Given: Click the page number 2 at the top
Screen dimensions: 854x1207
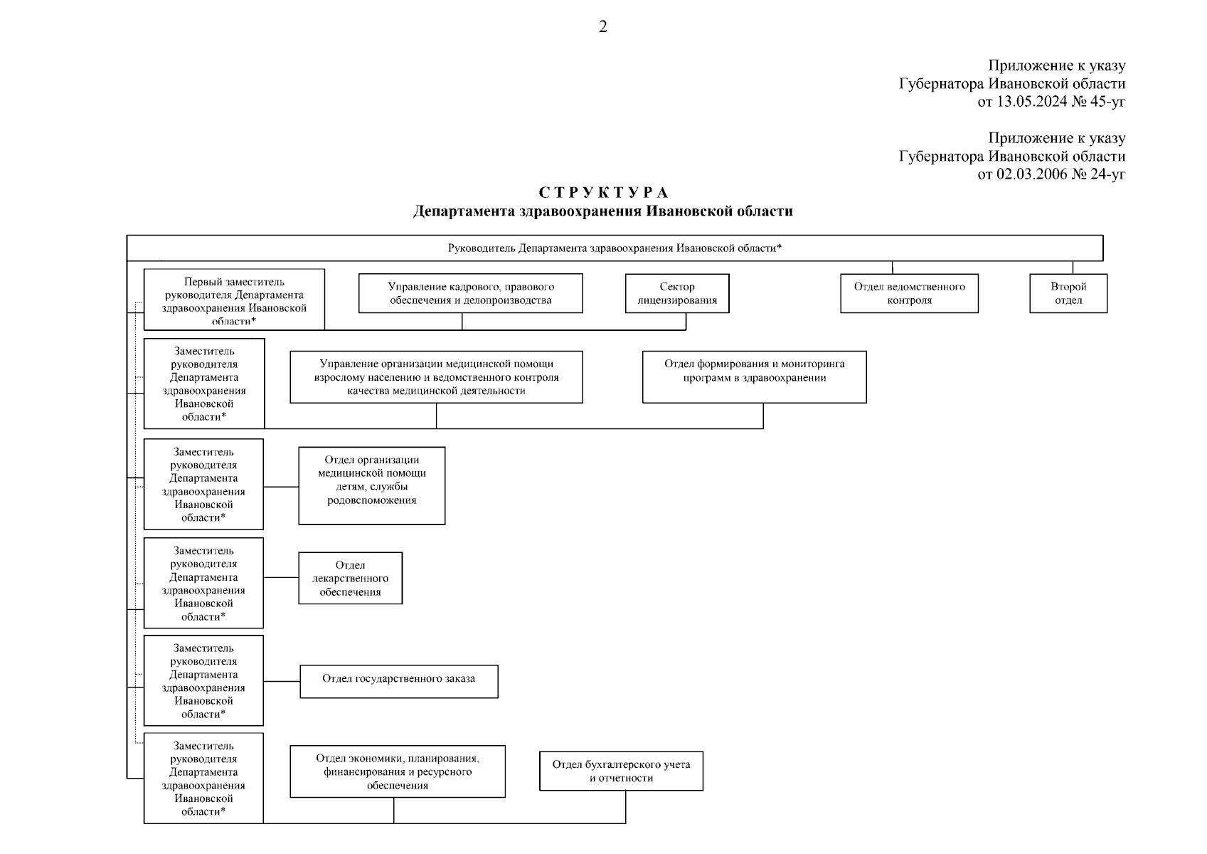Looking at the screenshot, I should [603, 27].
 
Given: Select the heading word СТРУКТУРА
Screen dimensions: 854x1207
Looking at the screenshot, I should [603, 193].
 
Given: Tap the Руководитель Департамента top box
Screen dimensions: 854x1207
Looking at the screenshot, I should [615, 248].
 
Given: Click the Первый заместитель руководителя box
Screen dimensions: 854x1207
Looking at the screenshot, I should [234, 300].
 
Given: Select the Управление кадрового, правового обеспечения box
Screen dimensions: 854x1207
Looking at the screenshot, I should [470, 293].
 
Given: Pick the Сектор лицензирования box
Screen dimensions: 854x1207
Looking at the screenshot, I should [677, 293].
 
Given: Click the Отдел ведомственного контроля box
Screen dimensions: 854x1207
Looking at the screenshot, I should [909, 293].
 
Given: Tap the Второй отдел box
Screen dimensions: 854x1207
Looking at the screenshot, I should [1068, 293].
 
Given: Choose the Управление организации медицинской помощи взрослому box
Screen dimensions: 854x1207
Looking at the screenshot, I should [436, 377].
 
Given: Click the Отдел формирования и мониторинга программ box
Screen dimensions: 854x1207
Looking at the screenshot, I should [754, 377].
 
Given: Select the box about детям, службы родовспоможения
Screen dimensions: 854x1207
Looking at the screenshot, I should [371, 486].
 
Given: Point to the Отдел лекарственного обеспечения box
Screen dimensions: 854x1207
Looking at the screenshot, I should [350, 579].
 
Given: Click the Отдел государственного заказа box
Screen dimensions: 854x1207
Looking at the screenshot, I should [398, 682].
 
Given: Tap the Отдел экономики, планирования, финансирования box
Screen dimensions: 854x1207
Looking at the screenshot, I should [398, 771].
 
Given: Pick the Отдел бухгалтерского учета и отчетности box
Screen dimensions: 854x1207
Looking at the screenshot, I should [621, 771].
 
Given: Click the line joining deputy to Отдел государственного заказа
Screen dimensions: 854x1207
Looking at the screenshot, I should [282, 681].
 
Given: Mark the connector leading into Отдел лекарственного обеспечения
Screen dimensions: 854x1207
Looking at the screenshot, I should [281, 577].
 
